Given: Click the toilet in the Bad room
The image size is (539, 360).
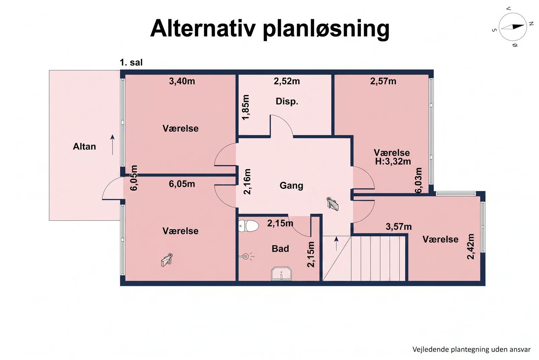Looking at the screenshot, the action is [x=248, y=226].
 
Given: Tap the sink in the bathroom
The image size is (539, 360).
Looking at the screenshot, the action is [x=281, y=274].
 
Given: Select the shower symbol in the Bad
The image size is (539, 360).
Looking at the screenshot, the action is [x=247, y=257].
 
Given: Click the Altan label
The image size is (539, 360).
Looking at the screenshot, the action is [x=84, y=146].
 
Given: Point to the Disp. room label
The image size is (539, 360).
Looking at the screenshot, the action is [x=287, y=101].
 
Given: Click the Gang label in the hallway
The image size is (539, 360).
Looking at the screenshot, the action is [x=291, y=185].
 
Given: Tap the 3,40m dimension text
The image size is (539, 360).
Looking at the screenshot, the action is [x=182, y=81].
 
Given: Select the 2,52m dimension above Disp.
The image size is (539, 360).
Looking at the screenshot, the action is [x=287, y=81].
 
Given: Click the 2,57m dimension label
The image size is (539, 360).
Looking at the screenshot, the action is [x=383, y=81].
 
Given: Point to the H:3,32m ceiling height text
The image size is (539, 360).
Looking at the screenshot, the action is [x=393, y=161].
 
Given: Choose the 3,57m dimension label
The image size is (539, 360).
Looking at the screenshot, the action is [x=399, y=227].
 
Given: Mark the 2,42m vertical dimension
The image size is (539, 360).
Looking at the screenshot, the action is [x=471, y=246].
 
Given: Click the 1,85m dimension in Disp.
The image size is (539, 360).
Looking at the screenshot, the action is [x=246, y=107].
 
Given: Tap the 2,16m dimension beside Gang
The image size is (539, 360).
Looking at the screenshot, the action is [x=247, y=181].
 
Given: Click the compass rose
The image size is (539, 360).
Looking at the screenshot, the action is [x=513, y=27].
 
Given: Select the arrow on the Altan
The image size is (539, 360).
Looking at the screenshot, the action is [x=112, y=144].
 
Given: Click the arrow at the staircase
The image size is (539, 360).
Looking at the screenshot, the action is [x=336, y=243].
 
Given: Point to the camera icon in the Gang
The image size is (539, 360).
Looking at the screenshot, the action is [x=333, y=204].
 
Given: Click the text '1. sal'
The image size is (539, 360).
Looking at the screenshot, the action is [x=131, y=63].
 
